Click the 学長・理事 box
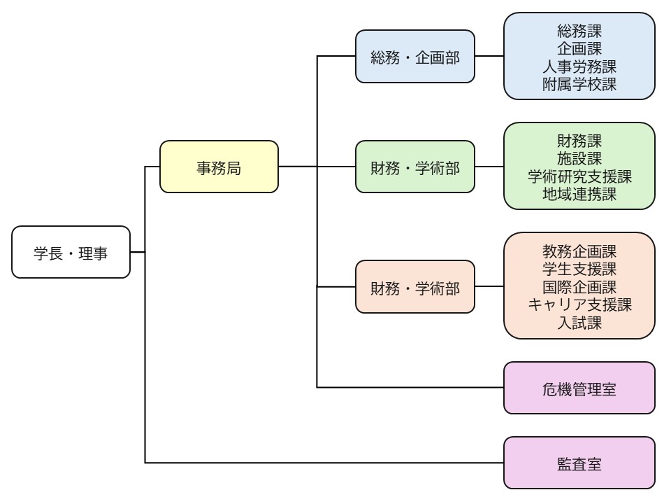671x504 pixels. (x=71, y=252)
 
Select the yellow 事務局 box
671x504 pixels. (x=219, y=167)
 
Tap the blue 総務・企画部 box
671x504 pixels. (x=414, y=56)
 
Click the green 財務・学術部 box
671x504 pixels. (x=414, y=167)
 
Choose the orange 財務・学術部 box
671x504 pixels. (x=414, y=286)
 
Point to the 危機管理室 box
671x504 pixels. (x=579, y=388)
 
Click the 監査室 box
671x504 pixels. (x=579, y=463)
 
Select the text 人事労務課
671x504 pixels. (x=579, y=66)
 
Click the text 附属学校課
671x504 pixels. (x=579, y=85)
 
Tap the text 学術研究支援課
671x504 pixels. (x=579, y=176)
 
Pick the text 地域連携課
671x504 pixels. (x=579, y=195)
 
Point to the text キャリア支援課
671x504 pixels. (x=579, y=304)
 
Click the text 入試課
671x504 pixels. (x=579, y=323)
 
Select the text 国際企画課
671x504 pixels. (x=579, y=286)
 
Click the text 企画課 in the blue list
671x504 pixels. (x=579, y=48)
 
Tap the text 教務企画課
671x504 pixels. (x=579, y=250)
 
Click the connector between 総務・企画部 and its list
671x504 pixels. (x=489, y=56)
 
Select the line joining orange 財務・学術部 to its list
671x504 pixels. (x=489, y=286)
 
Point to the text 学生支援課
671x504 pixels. (x=579, y=268)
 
